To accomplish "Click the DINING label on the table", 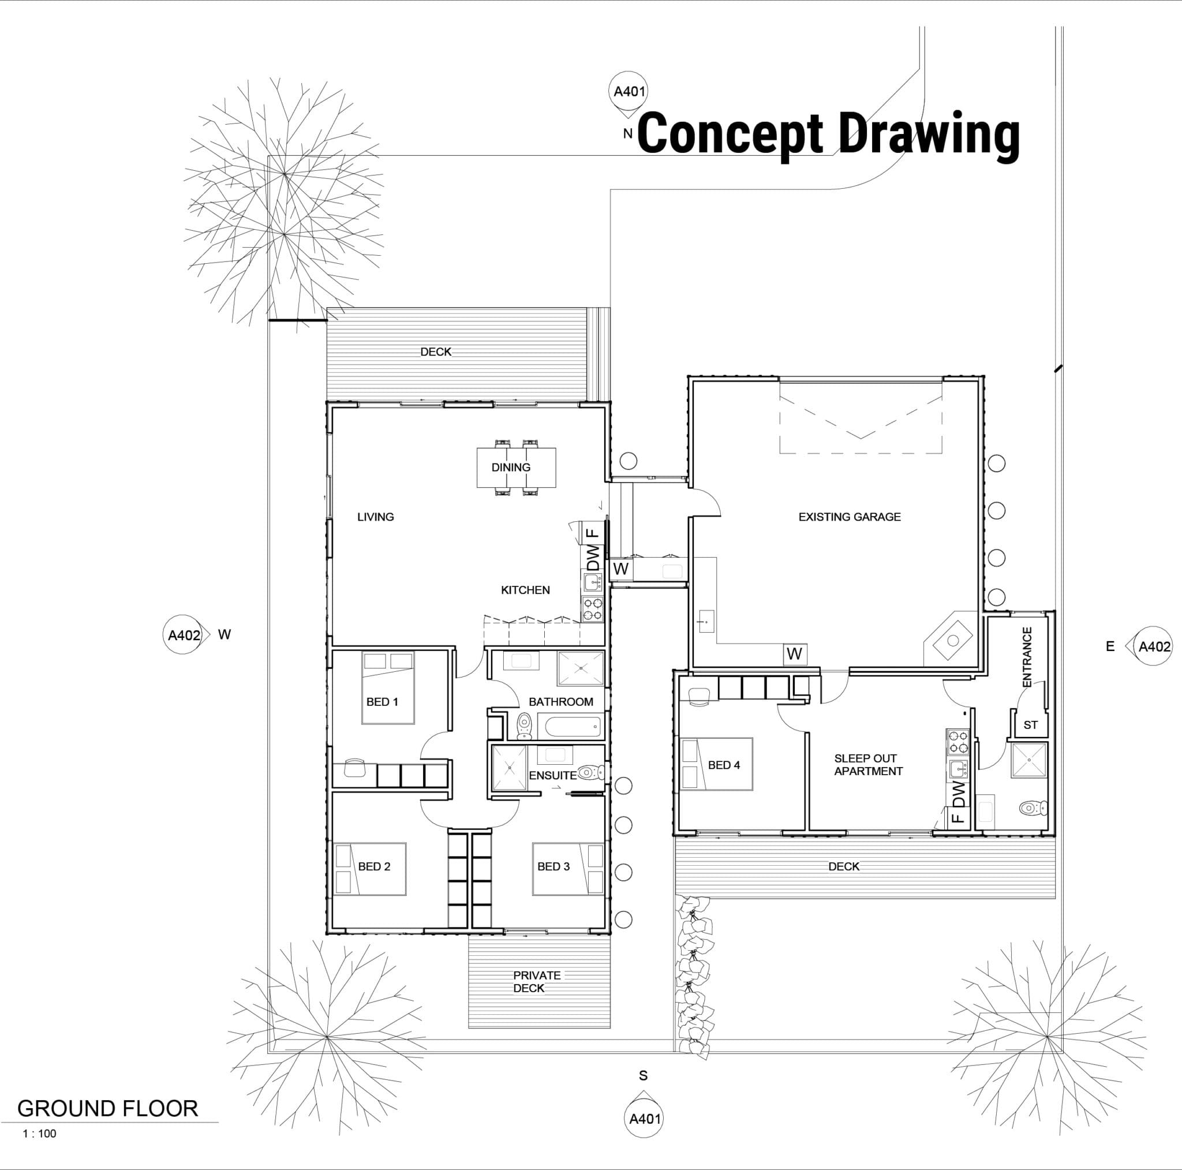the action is coord(511,468).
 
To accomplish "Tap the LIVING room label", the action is coord(376,517).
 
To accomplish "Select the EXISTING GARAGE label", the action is coord(849,517).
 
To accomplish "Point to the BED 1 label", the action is coord(383,702).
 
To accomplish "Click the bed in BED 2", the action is coord(369,869).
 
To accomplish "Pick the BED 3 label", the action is coord(553,866).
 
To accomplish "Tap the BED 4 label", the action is coord(724,765).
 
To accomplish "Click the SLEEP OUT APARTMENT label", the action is coord(868,765).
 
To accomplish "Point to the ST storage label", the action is coord(1030,725).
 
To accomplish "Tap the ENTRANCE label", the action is coord(1027,657).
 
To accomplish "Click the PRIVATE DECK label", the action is coord(537,981).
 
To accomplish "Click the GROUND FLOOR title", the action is coord(108,1109).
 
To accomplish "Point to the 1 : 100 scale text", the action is coord(39,1133).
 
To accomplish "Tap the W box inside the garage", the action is coord(795,654).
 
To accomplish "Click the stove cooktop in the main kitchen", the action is coord(592,609).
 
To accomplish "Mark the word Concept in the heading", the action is coord(731,134).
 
